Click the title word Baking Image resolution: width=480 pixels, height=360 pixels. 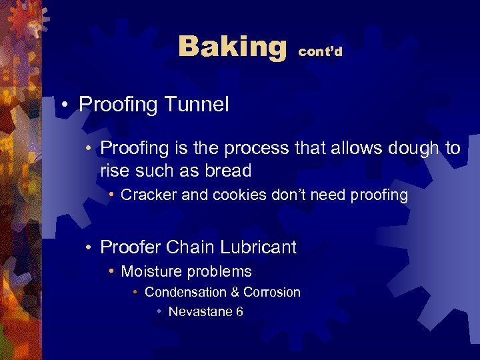pyautogui.click(x=231, y=47)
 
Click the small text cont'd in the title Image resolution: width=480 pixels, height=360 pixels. pyautogui.click(x=320, y=52)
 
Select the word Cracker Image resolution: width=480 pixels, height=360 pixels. pyautogui.click(x=147, y=195)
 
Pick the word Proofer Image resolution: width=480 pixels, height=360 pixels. pyautogui.click(x=130, y=247)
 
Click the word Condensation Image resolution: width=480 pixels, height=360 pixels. pyautogui.click(x=185, y=292)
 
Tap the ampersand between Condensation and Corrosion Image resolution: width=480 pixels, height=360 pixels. pyautogui.click(x=235, y=292)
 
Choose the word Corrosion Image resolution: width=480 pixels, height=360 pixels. pyautogui.click(x=272, y=292)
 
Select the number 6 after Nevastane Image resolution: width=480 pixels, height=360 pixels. pyautogui.click(x=239, y=312)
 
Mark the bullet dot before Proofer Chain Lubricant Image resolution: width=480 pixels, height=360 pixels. pyautogui.click(x=89, y=248)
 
